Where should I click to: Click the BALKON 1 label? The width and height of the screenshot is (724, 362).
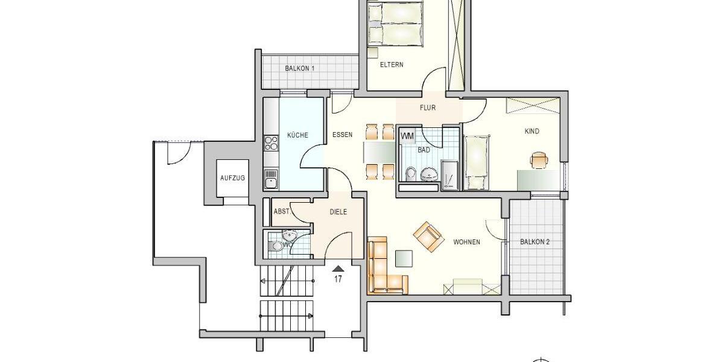pos(300,69)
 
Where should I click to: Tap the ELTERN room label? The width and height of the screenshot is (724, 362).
pos(392,65)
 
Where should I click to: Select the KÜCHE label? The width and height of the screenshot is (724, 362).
pos(297,135)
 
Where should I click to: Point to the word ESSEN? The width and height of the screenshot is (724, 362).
pos(342,135)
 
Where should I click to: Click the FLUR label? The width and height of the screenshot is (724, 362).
pos(428,109)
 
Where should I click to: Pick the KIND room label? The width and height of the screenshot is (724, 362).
pos(532,132)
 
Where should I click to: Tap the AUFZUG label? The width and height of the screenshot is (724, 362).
pos(232,178)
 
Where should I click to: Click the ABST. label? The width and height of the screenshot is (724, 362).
pos(282,212)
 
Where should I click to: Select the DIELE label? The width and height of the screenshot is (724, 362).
pos(338,212)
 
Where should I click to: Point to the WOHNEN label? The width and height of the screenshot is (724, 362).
pos(466,242)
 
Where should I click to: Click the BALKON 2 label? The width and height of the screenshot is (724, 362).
pos(535,242)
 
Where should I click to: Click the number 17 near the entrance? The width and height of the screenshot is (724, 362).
pos(338,279)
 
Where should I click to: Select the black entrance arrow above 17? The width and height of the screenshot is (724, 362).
pos(338,268)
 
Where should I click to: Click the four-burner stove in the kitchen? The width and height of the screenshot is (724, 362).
pos(271,143)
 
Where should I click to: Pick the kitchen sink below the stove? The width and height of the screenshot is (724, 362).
pos(271,179)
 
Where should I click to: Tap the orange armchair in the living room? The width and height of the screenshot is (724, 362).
pos(429,235)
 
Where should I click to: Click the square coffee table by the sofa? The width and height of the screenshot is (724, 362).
pos(404,258)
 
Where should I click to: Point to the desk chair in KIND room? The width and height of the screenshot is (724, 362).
pos(539,160)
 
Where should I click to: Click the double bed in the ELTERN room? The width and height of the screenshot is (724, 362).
pos(395,24)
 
